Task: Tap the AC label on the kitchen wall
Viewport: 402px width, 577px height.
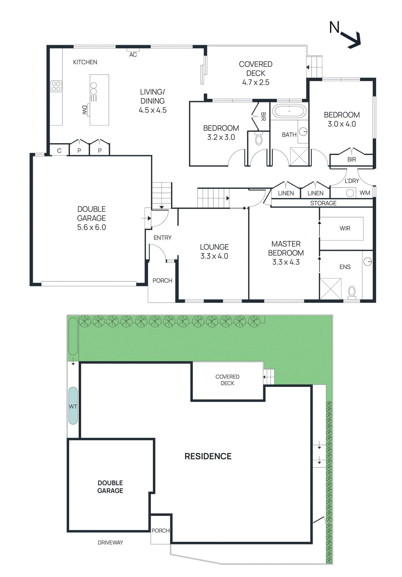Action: point(133,55)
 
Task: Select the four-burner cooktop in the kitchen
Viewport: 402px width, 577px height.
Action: point(56,86)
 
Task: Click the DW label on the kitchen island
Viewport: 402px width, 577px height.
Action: point(85,110)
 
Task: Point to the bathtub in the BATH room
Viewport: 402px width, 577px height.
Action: point(289,111)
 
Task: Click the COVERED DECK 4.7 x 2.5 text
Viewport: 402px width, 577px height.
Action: point(256,73)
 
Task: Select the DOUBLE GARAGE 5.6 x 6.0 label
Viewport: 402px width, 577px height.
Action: point(92,218)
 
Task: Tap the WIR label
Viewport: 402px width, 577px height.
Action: point(345,228)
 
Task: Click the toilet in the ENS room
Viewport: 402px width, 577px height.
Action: point(352,291)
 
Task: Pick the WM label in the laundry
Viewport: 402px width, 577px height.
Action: point(365,193)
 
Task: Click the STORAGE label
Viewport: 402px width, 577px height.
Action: point(323,203)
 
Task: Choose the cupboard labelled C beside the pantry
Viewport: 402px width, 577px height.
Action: point(59,151)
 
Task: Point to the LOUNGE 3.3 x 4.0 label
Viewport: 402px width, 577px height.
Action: point(214,251)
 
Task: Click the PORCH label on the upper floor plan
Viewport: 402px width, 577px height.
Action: point(162,281)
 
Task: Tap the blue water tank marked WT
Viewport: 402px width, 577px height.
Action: point(73,406)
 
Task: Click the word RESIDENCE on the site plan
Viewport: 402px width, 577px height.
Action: point(208,456)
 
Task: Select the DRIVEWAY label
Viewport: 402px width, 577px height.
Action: point(110,542)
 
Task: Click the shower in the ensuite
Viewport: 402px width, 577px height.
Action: point(331,288)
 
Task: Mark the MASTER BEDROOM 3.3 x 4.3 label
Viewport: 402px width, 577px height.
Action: point(286,253)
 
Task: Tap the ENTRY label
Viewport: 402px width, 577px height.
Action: point(162,238)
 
